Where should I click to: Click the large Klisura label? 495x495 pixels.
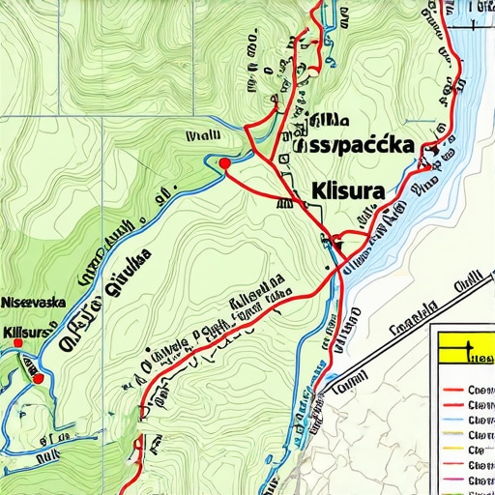click(x=347, y=190)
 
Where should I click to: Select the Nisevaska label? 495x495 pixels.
click(x=33, y=302)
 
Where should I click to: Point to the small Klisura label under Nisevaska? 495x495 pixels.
click(x=26, y=332)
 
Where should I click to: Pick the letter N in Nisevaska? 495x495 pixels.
click(x=6, y=302)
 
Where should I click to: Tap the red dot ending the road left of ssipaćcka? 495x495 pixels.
click(x=225, y=163)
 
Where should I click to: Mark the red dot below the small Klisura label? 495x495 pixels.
click(x=38, y=379)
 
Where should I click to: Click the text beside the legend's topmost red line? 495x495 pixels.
click(x=480, y=391)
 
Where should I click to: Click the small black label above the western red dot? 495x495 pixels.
click(x=203, y=136)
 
